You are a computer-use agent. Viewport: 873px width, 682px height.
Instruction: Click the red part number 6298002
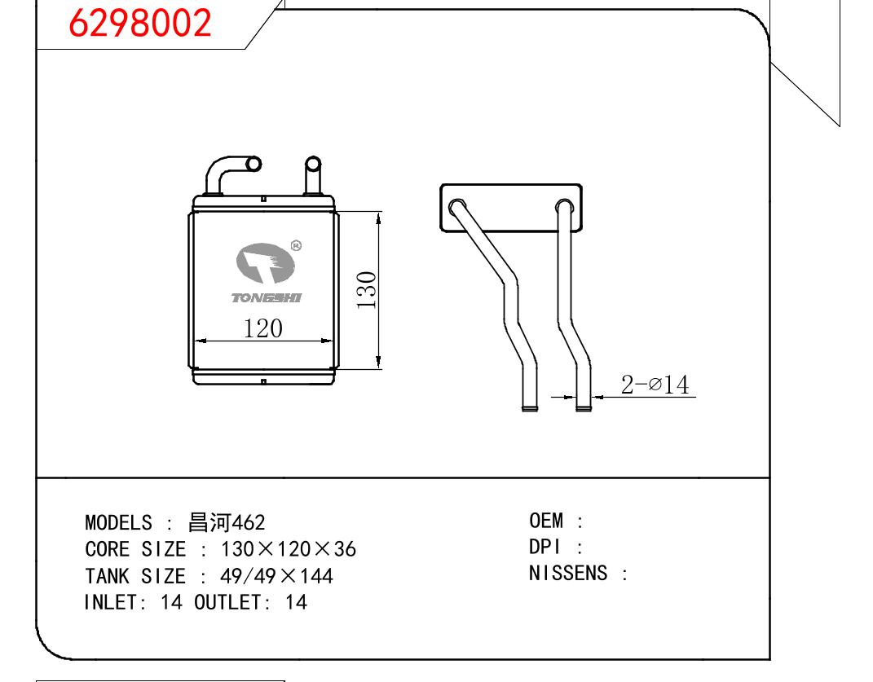[139, 23]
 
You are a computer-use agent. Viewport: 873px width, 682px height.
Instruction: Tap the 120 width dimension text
[262, 328]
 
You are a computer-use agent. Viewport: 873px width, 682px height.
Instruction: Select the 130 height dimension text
[366, 289]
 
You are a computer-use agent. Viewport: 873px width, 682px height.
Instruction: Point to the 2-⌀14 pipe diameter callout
[655, 385]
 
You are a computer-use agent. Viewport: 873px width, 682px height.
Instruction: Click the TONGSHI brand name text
[266, 298]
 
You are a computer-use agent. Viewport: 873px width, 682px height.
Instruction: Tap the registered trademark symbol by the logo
[296, 245]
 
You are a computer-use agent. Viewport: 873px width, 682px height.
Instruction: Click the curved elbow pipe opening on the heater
[254, 164]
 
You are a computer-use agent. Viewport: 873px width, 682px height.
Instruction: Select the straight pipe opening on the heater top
[314, 164]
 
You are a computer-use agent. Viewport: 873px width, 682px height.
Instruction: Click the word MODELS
[118, 523]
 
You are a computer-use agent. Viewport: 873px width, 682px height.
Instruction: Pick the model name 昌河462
[227, 522]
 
